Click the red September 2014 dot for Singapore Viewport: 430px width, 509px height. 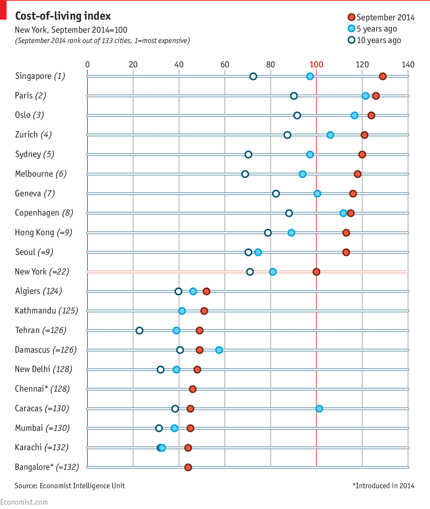tap(383, 76)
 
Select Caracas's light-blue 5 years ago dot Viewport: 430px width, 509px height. tap(319, 409)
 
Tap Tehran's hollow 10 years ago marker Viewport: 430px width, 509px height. tap(139, 331)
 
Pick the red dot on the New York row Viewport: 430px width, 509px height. tap(316, 272)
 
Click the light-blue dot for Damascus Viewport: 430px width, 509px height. tap(219, 350)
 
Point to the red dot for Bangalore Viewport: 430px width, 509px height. tap(188, 467)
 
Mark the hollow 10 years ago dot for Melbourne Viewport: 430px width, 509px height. tap(245, 174)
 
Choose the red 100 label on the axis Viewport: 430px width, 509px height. tap(316, 65)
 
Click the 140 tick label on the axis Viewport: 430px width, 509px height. tap(408, 65)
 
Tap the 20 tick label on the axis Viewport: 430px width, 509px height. tap(133, 65)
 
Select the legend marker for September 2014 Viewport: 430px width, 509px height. tap(351, 17)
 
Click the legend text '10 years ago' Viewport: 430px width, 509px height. tap(379, 40)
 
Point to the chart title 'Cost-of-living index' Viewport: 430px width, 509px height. tap(63, 16)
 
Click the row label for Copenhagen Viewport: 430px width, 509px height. tap(44, 213)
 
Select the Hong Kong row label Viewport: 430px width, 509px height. tap(43, 232)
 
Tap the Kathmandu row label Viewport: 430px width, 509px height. tap(46, 311)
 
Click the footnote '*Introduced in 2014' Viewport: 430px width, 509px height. tap(383, 486)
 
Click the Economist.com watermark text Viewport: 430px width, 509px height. tap(24, 502)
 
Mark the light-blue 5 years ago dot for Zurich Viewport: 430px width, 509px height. tap(330, 135)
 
